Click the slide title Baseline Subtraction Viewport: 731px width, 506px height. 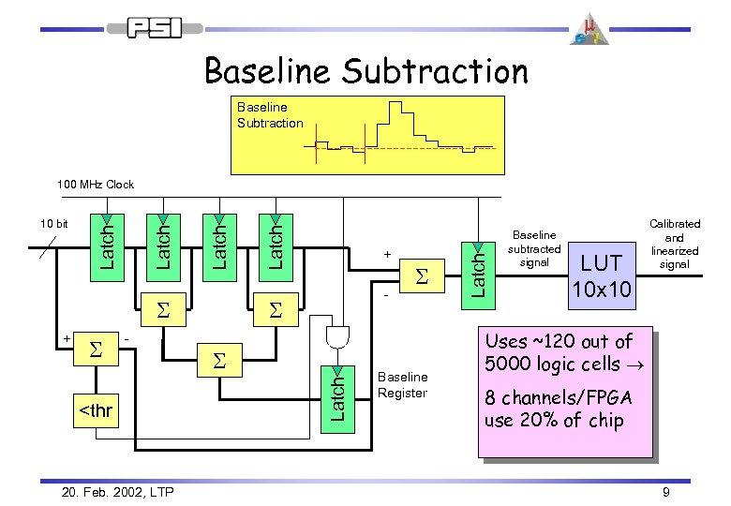pyautogui.click(x=365, y=71)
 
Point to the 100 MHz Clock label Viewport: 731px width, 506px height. pyautogui.click(x=95, y=185)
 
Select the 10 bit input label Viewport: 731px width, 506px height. pyautogui.click(x=52, y=224)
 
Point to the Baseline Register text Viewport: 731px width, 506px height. pyautogui.click(x=401, y=384)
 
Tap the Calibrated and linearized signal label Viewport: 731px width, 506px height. pyautogui.click(x=674, y=245)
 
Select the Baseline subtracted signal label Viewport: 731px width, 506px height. pyautogui.click(x=533, y=249)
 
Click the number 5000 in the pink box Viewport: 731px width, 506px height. pyautogui.click(x=510, y=364)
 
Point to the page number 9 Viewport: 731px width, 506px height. pyautogui.click(x=664, y=491)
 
